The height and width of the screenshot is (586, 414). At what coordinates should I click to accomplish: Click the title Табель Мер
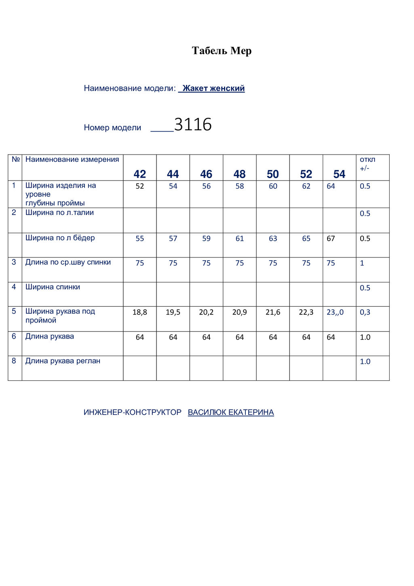coord(222,51)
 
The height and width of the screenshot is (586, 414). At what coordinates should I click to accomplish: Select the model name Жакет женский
coord(213,88)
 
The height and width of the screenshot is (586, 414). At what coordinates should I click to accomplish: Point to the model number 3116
coord(193,124)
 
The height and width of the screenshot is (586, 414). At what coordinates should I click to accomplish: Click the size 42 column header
coord(140,174)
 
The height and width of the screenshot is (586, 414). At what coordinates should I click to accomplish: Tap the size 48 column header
coord(239,174)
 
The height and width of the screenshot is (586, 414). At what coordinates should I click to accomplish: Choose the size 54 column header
coord(339,174)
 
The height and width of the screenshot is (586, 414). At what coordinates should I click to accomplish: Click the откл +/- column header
coord(367,163)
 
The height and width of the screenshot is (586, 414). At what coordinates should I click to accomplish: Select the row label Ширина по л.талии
coord(59,212)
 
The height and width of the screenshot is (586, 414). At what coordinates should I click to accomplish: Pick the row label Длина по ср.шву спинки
coord(68,262)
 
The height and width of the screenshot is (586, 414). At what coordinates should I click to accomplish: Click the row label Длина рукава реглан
coord(63,361)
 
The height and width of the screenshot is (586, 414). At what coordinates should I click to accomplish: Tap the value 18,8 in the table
coord(140,312)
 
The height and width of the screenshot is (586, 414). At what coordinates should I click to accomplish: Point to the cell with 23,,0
coord(335,312)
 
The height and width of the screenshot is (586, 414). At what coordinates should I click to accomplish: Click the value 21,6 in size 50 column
coord(273,312)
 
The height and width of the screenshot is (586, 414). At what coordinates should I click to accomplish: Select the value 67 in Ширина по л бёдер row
coord(331,238)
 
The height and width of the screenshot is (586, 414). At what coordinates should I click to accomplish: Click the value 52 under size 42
coord(140,186)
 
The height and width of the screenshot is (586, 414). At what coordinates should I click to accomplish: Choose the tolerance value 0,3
coord(365,312)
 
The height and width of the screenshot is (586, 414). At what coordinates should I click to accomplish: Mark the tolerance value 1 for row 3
coord(362,263)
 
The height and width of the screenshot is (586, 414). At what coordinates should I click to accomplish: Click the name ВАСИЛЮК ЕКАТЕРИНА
coord(231,412)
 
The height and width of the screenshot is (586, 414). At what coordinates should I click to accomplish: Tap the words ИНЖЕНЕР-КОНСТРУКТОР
coord(133,412)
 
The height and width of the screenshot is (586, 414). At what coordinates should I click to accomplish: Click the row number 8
coord(14,361)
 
